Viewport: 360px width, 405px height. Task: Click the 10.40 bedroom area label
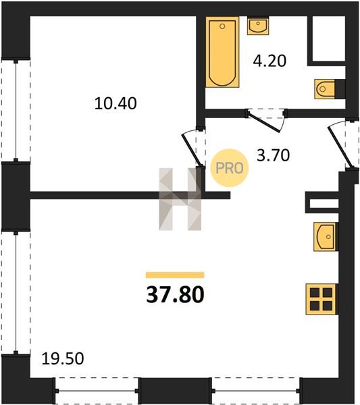point(115,103)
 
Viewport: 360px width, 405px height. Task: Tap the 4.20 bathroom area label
point(269,61)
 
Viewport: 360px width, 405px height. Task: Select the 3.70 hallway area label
point(273,155)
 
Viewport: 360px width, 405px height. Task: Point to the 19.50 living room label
point(63,358)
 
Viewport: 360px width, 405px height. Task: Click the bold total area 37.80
point(175,295)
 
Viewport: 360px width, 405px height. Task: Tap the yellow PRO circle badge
point(230,168)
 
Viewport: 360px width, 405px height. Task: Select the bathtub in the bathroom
point(222,52)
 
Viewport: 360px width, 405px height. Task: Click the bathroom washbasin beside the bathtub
point(258,26)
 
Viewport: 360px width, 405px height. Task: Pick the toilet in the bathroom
point(325,89)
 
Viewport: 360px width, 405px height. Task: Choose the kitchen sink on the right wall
point(326,237)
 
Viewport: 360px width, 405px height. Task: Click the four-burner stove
point(321,299)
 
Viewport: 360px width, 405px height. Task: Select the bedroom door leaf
point(192,151)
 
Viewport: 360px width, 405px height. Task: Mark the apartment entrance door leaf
point(340,147)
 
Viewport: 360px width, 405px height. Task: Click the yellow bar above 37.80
point(175,275)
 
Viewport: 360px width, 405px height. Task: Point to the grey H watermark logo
point(180,199)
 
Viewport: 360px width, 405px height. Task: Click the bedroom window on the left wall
point(16,111)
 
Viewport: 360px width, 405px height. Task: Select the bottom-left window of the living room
point(97,391)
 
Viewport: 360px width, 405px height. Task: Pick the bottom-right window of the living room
point(256,391)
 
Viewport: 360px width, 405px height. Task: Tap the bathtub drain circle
point(222,26)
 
